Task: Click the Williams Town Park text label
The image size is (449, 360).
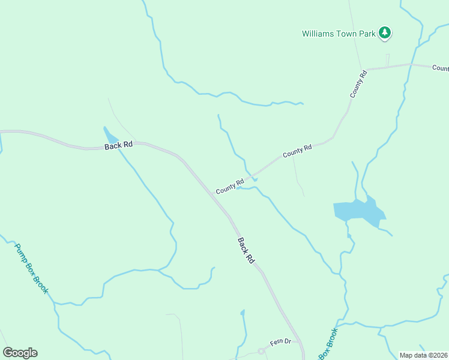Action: [x=339, y=34]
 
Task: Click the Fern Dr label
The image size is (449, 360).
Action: [x=280, y=342]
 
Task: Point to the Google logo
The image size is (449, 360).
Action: [x=20, y=353]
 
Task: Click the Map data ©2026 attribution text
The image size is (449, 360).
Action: [x=423, y=355]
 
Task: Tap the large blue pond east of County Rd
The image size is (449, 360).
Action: [x=359, y=211]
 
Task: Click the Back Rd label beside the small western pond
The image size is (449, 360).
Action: [x=118, y=145]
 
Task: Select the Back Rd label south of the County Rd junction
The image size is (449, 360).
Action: [x=246, y=251]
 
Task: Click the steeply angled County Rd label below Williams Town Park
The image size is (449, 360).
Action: [x=359, y=85]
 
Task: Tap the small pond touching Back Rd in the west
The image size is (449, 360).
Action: [x=110, y=136]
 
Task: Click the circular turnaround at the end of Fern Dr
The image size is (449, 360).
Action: [x=261, y=350]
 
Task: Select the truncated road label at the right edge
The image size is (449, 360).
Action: [x=440, y=68]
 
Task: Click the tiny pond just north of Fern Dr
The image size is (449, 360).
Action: [x=243, y=313]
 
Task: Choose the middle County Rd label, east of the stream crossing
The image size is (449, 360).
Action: [x=297, y=151]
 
